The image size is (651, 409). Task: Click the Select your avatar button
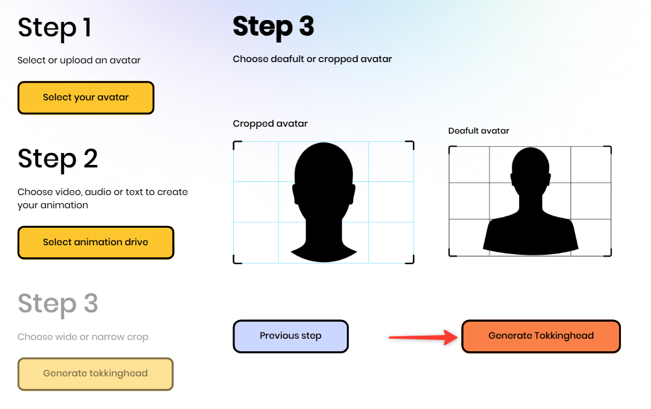(x=86, y=98)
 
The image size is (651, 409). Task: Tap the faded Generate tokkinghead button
(x=96, y=374)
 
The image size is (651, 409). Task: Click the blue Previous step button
(x=290, y=336)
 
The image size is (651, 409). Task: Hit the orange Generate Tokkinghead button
(x=541, y=336)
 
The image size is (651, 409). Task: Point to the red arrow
(x=423, y=337)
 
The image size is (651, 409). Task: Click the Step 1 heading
(x=55, y=28)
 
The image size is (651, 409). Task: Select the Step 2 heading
(x=58, y=159)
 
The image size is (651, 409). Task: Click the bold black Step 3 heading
(x=273, y=27)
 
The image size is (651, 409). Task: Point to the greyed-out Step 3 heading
(x=58, y=304)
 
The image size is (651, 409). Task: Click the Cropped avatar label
(x=270, y=124)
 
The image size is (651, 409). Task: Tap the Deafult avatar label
(x=479, y=131)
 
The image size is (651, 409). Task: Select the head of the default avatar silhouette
(x=530, y=170)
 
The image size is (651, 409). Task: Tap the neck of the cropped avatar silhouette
(x=324, y=234)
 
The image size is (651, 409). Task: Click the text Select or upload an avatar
(x=79, y=60)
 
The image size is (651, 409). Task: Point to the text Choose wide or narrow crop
(x=82, y=337)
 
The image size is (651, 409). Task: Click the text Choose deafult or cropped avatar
(x=312, y=59)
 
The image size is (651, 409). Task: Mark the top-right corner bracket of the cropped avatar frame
(x=410, y=145)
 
